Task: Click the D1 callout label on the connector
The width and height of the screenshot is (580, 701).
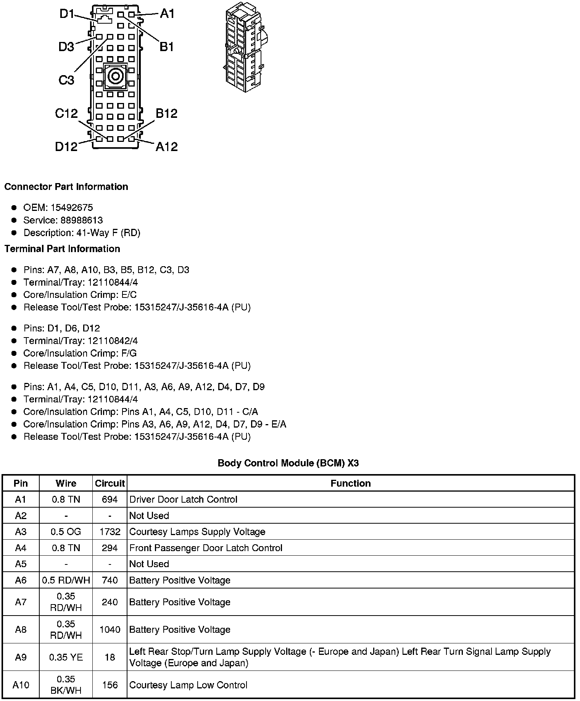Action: point(67,14)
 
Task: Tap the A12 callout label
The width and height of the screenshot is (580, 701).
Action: point(166,146)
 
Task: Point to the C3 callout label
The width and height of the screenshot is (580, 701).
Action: point(66,80)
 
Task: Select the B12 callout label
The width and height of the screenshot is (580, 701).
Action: point(166,113)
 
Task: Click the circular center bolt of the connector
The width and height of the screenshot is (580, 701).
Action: point(115,77)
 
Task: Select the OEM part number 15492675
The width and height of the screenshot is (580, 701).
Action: point(72,207)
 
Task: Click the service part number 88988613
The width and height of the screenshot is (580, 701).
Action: point(82,220)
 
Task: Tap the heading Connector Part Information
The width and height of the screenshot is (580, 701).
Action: point(66,187)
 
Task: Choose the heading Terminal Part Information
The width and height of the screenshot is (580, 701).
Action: point(62,249)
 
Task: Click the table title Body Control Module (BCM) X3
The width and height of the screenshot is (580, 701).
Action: point(288,463)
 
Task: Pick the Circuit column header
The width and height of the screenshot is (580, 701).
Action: point(110,483)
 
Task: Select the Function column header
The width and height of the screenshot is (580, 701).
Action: point(350,483)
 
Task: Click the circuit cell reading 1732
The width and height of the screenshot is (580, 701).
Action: point(110,532)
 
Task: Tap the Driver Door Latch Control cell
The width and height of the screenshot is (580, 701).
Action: point(183,500)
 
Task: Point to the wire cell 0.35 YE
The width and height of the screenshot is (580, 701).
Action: point(66,657)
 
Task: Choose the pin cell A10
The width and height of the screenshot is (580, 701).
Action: point(21,685)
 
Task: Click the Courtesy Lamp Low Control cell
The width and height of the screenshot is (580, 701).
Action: point(188,685)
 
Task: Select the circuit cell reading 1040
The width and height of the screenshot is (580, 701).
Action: point(110,630)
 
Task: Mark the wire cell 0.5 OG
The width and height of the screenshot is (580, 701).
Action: point(66,532)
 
